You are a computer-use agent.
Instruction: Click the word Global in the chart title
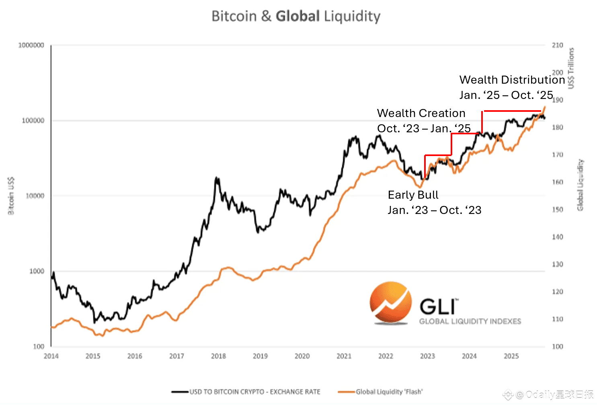[297, 16]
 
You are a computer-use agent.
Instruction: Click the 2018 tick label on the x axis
[218, 356]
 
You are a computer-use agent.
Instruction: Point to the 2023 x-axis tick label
[427, 356]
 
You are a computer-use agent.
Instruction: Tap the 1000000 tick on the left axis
[31, 45]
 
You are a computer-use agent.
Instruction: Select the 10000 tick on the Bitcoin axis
[35, 196]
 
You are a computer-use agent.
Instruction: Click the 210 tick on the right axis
[557, 45]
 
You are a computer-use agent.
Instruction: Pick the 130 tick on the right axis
[557, 264]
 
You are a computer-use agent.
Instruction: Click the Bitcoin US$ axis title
[11, 195]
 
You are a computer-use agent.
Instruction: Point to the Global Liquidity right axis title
[580, 185]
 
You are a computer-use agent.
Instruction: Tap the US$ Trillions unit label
[571, 68]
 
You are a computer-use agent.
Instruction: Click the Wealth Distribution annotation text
[512, 80]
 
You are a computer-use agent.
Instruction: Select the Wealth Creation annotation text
[421, 113]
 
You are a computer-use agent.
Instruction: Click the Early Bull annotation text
[413, 195]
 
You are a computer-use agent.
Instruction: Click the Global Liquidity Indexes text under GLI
[470, 321]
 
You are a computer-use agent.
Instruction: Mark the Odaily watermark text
[555, 395]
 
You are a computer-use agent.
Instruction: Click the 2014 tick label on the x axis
[51, 356]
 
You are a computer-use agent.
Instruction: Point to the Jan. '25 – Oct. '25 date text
[506, 95]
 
